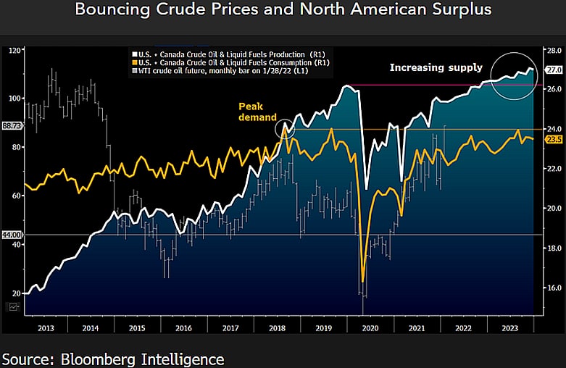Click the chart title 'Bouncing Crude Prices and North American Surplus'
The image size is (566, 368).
(x=282, y=10)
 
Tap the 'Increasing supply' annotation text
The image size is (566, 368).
(x=436, y=67)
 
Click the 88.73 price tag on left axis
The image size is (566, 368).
(x=12, y=125)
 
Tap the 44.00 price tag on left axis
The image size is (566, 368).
(x=12, y=235)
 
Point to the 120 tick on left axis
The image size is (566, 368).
(x=14, y=51)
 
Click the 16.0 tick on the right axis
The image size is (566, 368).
(x=552, y=288)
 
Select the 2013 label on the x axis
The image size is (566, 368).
(x=46, y=327)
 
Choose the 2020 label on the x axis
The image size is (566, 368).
(x=370, y=327)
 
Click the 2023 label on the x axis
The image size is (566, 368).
(x=509, y=327)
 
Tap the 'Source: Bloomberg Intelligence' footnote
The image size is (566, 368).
(x=112, y=359)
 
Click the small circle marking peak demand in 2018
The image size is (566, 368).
(x=286, y=129)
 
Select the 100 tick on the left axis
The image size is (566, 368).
(x=14, y=99)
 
